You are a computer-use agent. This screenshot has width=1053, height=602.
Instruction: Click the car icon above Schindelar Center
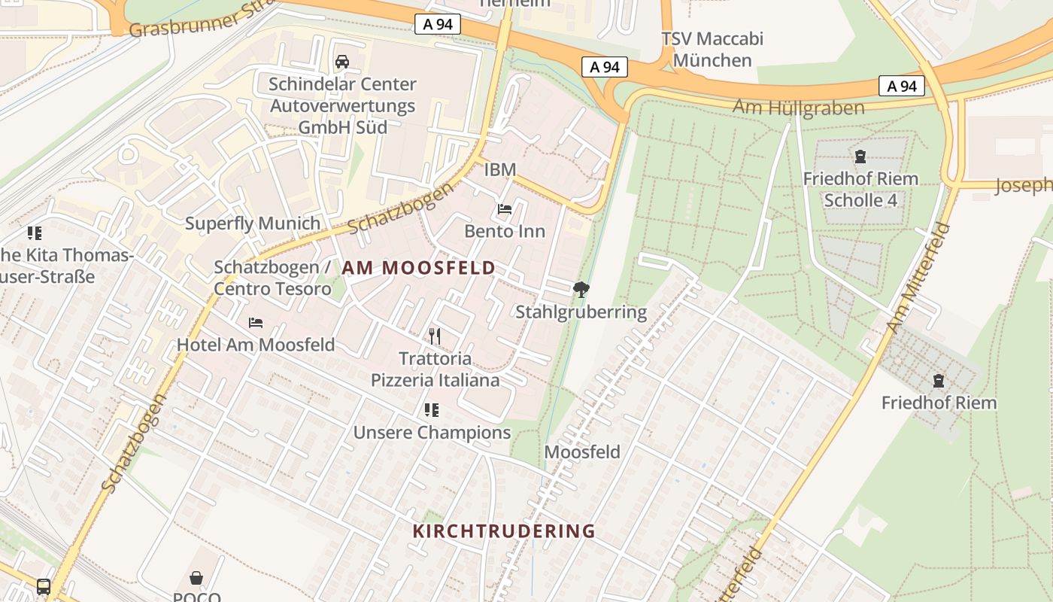342,62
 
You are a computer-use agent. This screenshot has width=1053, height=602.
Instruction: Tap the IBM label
500,170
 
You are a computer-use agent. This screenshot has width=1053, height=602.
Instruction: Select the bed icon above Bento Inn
505,209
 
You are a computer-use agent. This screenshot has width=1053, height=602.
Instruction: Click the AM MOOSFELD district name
419,268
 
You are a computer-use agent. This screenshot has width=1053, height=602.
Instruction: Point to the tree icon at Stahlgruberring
581,289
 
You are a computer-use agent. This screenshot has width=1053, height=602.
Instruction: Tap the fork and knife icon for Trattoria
434,336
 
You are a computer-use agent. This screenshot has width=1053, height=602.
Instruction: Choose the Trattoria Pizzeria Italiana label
435,369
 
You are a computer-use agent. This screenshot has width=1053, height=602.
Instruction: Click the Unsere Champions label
432,433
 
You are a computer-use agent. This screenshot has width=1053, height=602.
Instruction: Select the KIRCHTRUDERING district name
504,531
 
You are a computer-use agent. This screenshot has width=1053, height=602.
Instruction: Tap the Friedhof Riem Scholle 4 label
860,190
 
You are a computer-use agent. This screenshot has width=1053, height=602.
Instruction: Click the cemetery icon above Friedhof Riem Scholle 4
860,157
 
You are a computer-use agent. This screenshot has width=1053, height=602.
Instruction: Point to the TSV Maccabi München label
712,50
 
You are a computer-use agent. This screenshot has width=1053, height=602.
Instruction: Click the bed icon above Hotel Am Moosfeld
256,323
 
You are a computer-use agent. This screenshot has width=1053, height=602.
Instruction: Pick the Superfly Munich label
253,223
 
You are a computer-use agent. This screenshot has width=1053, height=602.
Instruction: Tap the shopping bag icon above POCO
196,578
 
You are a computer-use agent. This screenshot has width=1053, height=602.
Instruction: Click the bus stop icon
44,586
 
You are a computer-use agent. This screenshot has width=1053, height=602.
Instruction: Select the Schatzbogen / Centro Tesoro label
272,278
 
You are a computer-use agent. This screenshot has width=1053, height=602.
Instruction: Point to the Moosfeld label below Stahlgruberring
582,452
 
